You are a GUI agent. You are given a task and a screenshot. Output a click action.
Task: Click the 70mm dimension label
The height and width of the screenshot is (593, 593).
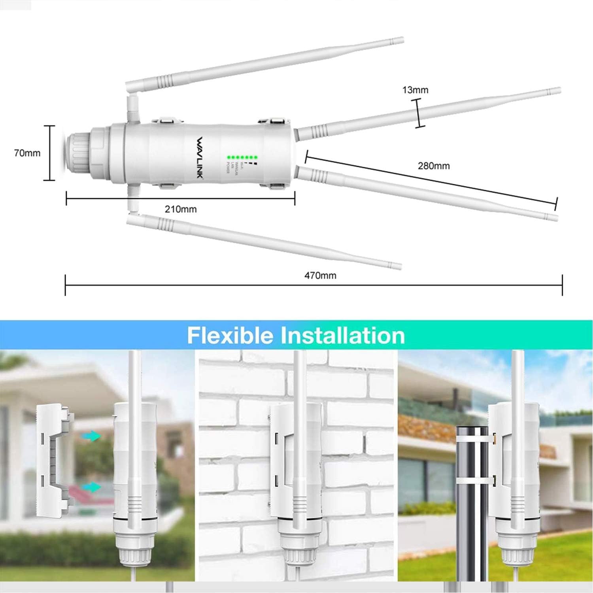[x=27, y=153]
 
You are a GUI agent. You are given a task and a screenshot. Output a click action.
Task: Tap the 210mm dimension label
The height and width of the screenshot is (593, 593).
[x=181, y=209]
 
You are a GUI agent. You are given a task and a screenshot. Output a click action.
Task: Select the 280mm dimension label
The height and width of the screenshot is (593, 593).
[x=434, y=166]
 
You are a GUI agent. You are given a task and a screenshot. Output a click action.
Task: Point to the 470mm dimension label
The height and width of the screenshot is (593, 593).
[x=320, y=276]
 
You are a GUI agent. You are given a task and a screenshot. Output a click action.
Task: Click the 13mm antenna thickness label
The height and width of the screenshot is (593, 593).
[x=415, y=90]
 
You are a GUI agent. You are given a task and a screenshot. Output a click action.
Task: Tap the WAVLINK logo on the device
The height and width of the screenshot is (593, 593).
[x=200, y=157]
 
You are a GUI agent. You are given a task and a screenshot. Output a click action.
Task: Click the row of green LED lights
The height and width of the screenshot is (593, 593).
[x=242, y=157]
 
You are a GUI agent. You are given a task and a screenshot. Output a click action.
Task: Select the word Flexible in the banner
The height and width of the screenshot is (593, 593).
[x=230, y=335]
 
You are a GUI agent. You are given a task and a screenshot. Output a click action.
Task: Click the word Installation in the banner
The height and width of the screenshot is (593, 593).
[x=342, y=335]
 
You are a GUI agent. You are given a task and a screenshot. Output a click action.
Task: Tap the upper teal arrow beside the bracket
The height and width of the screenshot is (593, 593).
[x=91, y=436]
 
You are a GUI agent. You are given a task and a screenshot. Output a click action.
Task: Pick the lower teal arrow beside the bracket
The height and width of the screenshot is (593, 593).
[x=91, y=487]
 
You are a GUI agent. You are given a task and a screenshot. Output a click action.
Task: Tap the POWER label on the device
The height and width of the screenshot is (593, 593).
[x=228, y=169]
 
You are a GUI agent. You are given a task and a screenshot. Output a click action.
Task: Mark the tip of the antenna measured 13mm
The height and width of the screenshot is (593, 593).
[x=557, y=90]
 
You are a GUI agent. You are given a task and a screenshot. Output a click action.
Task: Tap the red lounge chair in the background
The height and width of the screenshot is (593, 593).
[x=85, y=496]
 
